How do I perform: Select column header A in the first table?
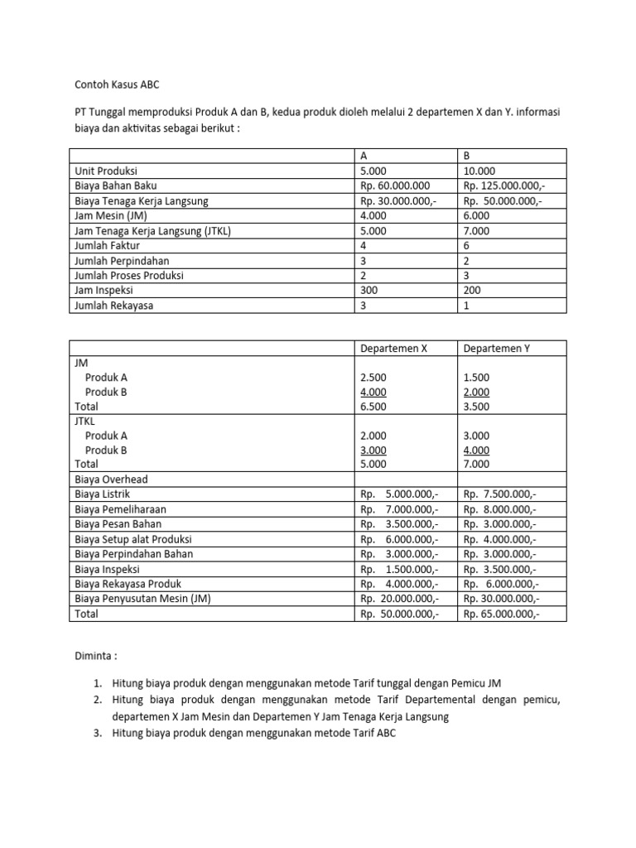(364, 156)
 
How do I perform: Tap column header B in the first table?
(467, 156)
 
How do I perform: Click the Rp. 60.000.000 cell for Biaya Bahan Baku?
(395, 185)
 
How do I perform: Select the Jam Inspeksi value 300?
(369, 291)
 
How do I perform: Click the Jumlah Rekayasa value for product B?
(467, 306)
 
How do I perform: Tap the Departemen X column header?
(393, 349)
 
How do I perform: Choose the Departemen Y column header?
(497, 349)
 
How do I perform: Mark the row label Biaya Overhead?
(111, 479)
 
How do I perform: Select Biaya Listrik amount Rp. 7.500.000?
(500, 494)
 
